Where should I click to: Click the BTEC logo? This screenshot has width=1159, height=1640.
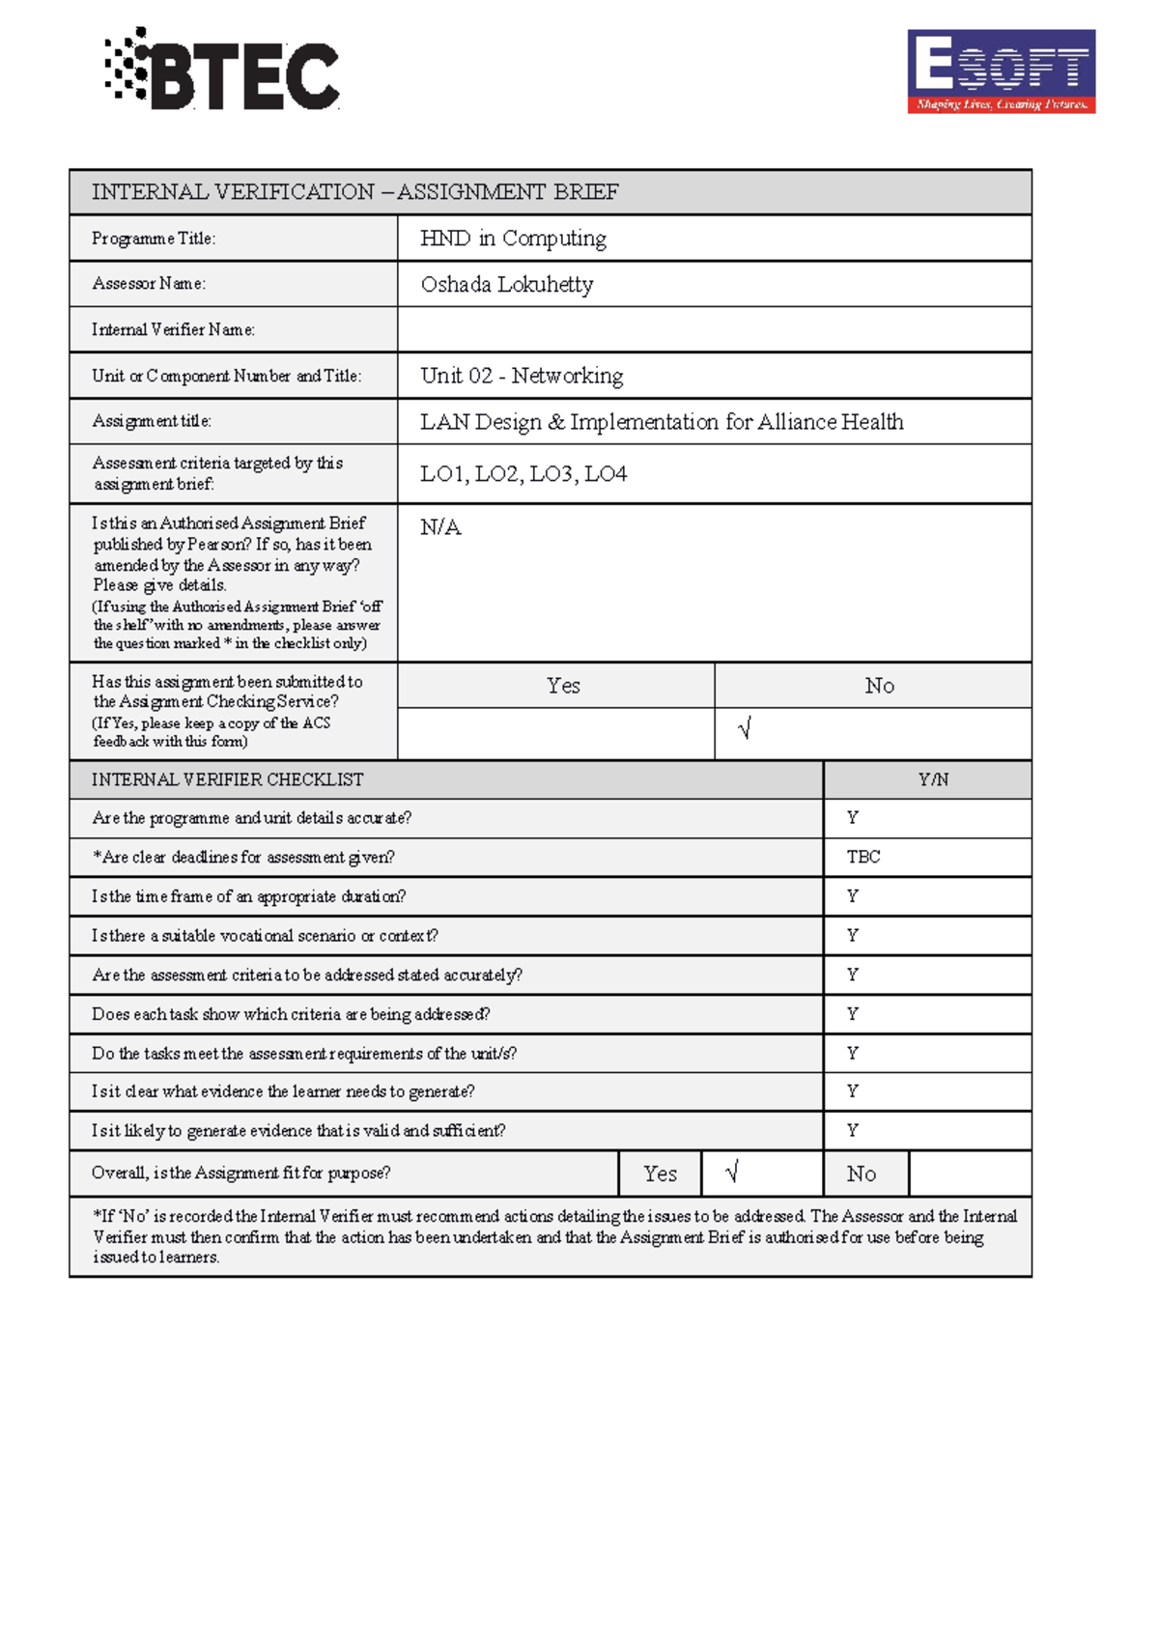pos(222,71)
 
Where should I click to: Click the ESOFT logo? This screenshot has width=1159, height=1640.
pos(1001,71)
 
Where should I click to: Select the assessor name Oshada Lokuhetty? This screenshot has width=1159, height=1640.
pos(506,284)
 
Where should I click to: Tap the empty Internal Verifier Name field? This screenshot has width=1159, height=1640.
pos(714,329)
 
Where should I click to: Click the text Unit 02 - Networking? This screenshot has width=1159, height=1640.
pos(522,376)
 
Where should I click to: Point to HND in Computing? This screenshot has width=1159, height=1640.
pos(513,239)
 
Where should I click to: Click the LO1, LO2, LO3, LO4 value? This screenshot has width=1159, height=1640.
pos(523,473)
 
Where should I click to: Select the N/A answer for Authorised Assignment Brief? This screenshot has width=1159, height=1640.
pos(440,527)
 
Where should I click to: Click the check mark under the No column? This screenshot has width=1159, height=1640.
pos(744,729)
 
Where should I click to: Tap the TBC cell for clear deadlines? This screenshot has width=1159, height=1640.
pos(863,857)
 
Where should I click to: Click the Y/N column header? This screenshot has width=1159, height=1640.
pos(933,779)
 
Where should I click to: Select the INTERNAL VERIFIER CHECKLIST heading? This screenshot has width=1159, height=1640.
pos(227,779)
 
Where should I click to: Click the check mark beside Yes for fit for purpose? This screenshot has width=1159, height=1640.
pos(732,1173)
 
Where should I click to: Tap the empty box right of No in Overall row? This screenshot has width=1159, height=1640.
pos(970,1173)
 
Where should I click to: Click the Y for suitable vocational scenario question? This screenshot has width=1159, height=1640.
pos(853,935)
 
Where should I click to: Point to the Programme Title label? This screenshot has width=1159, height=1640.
pos(154,239)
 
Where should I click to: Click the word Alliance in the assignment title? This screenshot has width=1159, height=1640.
pos(797,422)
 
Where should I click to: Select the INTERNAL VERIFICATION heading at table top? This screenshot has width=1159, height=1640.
pos(354,192)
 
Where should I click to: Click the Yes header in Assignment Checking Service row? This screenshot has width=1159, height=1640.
pos(563,686)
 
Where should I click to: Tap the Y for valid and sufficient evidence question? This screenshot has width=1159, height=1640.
pos(853,1130)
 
